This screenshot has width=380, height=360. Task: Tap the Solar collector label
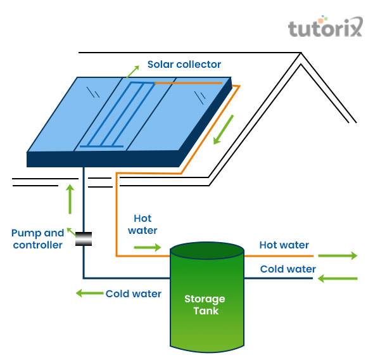pyautogui.click(x=184, y=64)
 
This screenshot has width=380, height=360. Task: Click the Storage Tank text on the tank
pyautogui.click(x=205, y=304)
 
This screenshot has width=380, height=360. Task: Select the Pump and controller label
pyautogui.click(x=38, y=239)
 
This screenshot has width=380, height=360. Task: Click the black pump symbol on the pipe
pyautogui.click(x=83, y=240)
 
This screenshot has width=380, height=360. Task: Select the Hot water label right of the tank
pyautogui.click(x=284, y=245)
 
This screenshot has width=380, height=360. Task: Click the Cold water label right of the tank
pyautogui.click(x=288, y=269)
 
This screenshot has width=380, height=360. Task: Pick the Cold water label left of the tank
pyautogui.click(x=133, y=293)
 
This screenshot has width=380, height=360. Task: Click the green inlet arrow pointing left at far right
pyautogui.click(x=338, y=278)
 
